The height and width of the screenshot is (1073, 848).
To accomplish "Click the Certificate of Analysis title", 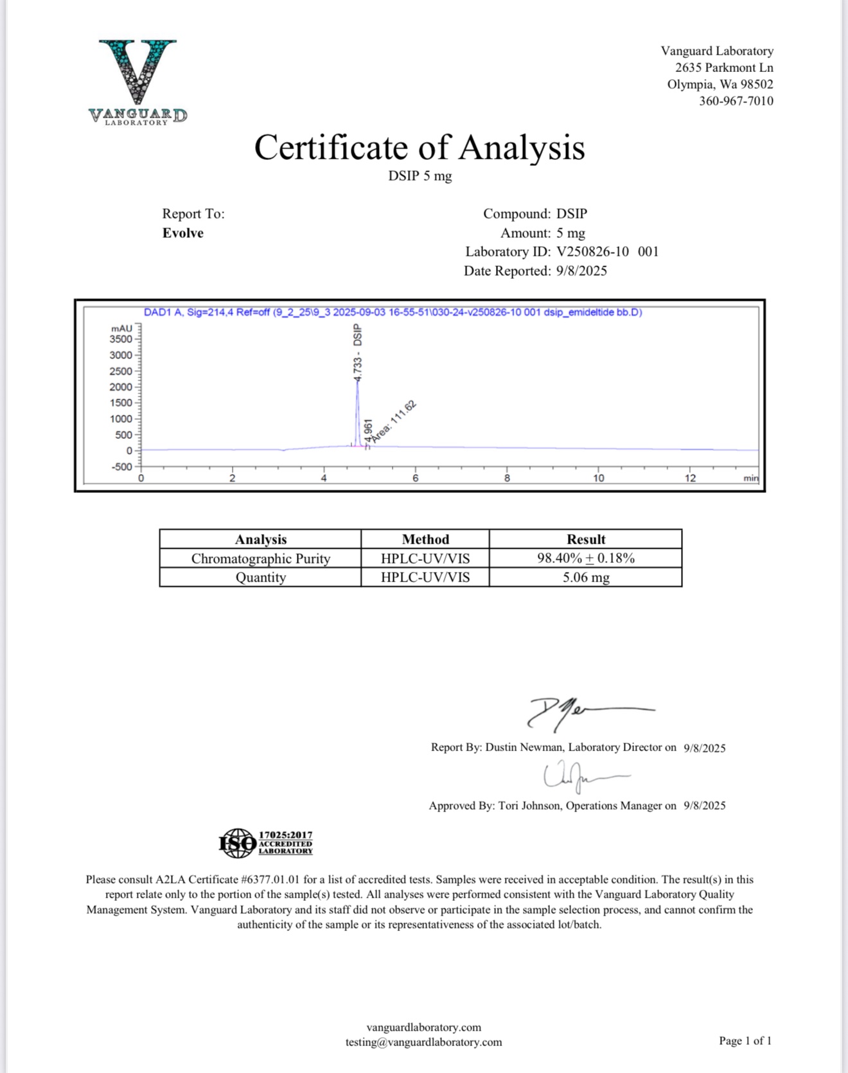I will click(x=420, y=147).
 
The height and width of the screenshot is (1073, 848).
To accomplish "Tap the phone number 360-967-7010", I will click(x=736, y=101).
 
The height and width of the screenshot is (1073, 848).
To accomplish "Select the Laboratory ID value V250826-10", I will click(x=592, y=252).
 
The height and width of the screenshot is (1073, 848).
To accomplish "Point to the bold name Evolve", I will click(x=182, y=233).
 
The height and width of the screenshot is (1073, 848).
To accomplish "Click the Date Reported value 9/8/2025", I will click(x=581, y=271).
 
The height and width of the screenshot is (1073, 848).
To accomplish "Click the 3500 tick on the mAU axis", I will click(x=121, y=339).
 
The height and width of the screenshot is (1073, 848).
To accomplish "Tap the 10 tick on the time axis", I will click(x=598, y=478).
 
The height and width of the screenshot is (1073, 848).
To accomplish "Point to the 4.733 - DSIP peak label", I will click(x=358, y=353).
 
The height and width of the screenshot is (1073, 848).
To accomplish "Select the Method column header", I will click(x=425, y=539).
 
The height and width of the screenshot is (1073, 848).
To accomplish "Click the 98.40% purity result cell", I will click(x=585, y=558).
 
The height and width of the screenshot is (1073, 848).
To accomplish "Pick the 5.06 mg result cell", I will click(x=585, y=577).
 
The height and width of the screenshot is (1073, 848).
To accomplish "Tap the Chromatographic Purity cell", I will click(x=260, y=558).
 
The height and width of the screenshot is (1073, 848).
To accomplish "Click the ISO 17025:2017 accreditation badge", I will click(x=265, y=843).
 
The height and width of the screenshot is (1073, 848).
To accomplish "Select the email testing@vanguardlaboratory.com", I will click(x=423, y=1042).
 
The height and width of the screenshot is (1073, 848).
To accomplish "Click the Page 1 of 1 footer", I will click(x=745, y=1041).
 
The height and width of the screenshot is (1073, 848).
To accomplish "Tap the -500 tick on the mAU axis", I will click(x=121, y=467).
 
